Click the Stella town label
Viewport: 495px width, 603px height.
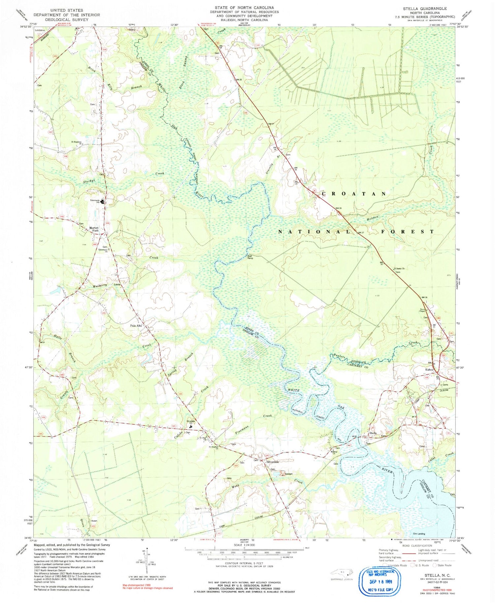click(373, 433)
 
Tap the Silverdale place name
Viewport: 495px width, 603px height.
click(273, 462)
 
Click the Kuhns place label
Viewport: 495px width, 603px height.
click(429, 370)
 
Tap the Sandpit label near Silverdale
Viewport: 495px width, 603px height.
click(280, 474)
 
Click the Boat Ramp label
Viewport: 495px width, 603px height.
click(250, 257)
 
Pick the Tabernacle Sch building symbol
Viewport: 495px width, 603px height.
click(103, 201)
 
